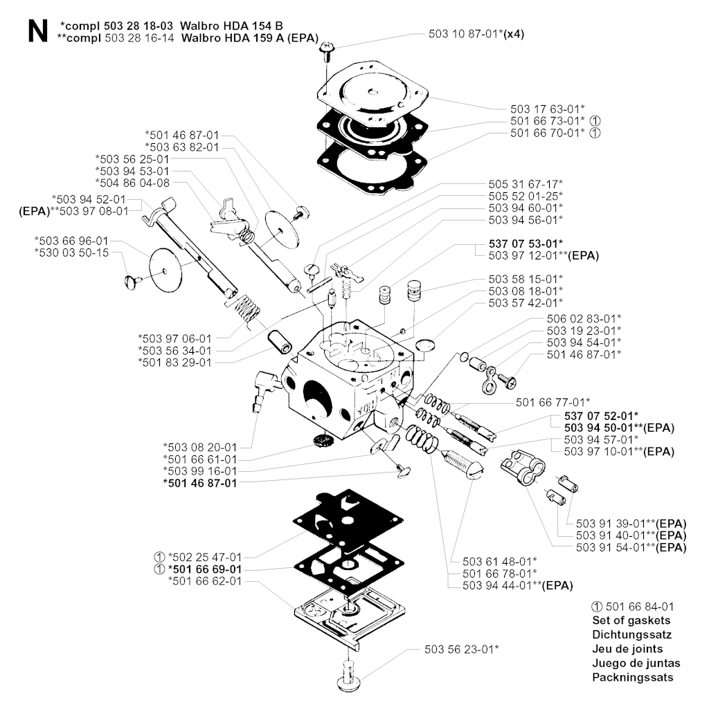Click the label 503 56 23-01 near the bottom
[462, 649]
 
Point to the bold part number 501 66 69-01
[204, 569]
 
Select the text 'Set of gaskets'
[631, 620]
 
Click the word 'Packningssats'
[633, 678]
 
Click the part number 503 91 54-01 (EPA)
[631, 547]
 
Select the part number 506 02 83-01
[584, 318]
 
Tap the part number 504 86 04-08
[132, 183]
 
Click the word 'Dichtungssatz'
[631, 634]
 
